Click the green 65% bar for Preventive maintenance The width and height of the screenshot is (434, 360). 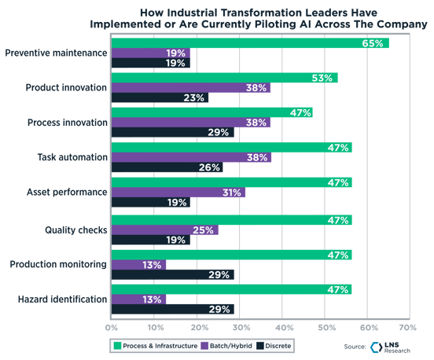pyautogui.click(x=250, y=43)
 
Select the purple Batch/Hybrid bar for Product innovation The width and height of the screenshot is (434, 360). pyautogui.click(x=190, y=88)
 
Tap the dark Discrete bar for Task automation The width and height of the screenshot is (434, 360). pyautogui.click(x=167, y=167)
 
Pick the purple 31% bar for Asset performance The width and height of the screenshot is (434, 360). pyautogui.click(x=178, y=192)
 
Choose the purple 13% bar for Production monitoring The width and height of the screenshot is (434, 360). pyautogui.click(x=138, y=265)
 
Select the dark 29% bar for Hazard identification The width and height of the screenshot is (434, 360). pyautogui.click(x=172, y=310)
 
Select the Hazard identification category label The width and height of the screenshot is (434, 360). pyautogui.click(x=61, y=299)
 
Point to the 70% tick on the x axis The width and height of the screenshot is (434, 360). pyautogui.click(x=406, y=326)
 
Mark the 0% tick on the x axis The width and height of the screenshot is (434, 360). pyautogui.click(x=112, y=326)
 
